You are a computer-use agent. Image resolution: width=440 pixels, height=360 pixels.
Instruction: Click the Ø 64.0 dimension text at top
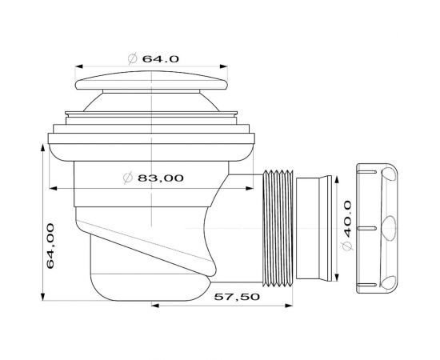pyautogui.click(x=151, y=58)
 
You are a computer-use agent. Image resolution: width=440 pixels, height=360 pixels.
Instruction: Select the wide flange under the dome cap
pyautogui.click(x=151, y=141)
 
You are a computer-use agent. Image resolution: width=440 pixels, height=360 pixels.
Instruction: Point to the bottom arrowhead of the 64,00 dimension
pyautogui.click(x=41, y=294)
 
